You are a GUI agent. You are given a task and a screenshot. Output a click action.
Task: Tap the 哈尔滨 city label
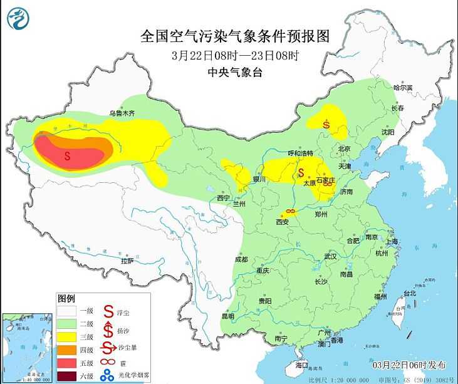point(403,88)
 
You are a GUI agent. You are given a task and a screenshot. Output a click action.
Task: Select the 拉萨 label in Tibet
point(128,261)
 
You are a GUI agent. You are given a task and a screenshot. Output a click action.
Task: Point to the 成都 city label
point(241,259)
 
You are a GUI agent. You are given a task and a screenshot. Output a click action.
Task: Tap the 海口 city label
point(301,364)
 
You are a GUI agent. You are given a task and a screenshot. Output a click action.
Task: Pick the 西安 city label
point(282,221)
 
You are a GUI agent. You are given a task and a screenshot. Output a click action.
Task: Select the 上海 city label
point(393,241)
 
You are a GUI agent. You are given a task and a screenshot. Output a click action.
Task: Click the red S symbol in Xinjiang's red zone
point(67,154)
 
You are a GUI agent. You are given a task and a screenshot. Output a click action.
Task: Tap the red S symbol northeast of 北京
point(326,124)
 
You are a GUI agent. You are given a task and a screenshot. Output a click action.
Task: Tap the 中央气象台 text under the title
point(235,73)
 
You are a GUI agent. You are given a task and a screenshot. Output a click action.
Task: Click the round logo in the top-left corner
point(19,19)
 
